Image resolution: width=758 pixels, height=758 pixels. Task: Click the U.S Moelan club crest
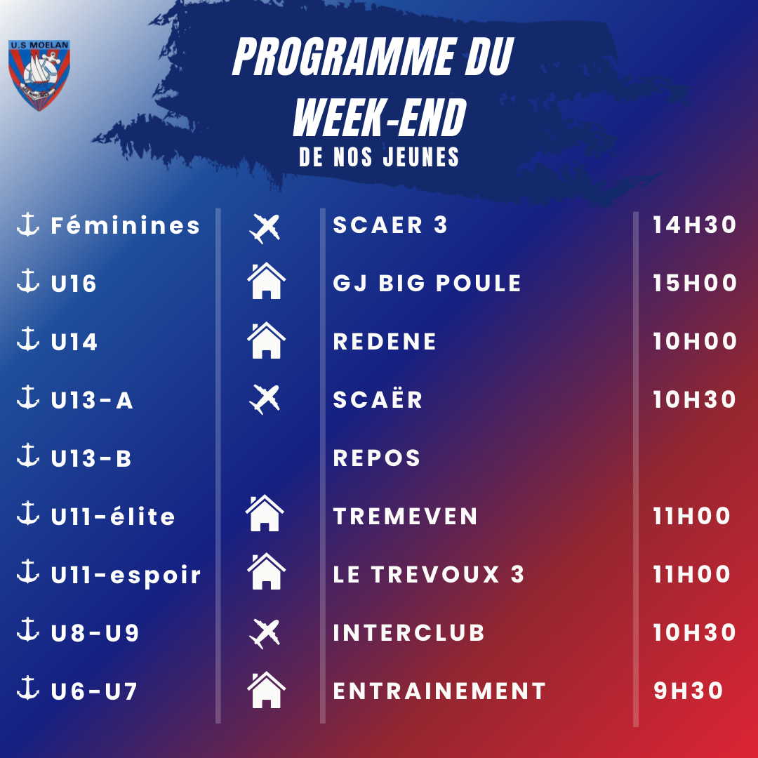[39, 75]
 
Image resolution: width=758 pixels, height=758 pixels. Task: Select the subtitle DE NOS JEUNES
[379, 157]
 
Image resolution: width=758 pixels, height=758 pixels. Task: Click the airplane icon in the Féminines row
[265, 228]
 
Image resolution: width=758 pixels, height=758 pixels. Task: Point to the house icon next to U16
[267, 281]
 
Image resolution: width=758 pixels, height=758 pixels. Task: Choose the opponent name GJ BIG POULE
[427, 284]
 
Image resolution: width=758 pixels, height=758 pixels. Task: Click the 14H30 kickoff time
[695, 225]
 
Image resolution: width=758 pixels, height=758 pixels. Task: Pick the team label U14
[74, 342]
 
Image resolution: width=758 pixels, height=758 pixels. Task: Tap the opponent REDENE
[385, 341]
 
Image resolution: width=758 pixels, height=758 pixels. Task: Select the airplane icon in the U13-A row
[265, 400]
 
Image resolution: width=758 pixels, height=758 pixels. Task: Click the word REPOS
[377, 458]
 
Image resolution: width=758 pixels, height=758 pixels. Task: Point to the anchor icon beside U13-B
[28, 456]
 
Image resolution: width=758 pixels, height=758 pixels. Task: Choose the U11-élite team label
[113, 516]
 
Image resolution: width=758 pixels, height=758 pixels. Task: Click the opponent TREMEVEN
[405, 517]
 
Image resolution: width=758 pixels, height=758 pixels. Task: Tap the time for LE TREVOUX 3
[691, 574]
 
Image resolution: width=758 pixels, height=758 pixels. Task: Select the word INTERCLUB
[408, 633]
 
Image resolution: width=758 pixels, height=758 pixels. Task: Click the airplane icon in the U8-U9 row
[265, 633]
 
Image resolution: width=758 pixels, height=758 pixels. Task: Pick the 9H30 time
[688, 691]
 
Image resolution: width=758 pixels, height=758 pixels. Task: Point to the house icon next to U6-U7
[267, 690]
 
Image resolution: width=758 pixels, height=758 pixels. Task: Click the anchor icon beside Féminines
[28, 225]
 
